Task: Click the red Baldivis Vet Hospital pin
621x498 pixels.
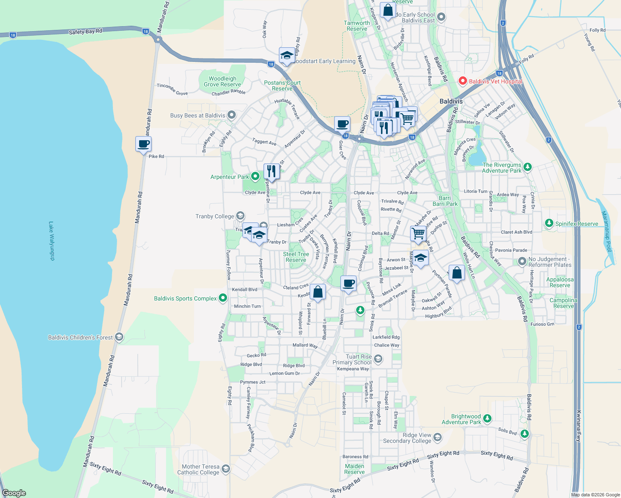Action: point(463,81)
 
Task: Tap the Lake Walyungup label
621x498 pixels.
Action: point(51,241)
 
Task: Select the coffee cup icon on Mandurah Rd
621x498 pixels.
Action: point(143,144)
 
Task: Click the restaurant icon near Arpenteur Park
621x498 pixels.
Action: point(271,171)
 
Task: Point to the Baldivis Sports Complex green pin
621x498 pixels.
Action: point(223,298)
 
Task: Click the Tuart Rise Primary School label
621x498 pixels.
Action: point(352,359)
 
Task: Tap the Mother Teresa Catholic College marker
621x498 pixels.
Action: point(225,469)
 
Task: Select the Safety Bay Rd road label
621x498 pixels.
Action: point(85,32)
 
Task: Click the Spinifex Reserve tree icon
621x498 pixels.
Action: point(549,223)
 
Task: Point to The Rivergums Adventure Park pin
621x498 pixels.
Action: point(527,167)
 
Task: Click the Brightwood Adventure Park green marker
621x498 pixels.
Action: point(487,419)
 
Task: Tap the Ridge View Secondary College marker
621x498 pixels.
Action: point(438,438)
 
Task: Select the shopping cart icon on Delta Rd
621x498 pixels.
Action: point(418,233)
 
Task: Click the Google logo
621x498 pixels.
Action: point(14,493)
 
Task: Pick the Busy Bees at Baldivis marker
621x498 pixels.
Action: point(232,115)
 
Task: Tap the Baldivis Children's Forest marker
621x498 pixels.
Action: point(119,337)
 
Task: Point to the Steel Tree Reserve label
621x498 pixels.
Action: point(296,257)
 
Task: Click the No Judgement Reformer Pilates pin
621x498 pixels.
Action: point(522,261)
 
